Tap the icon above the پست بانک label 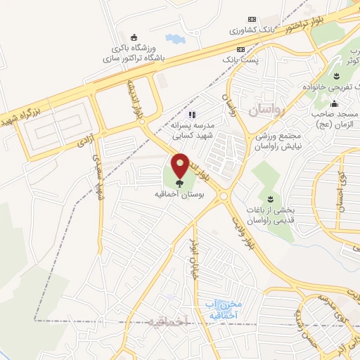coord(240,50)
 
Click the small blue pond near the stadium coord(173,39)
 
